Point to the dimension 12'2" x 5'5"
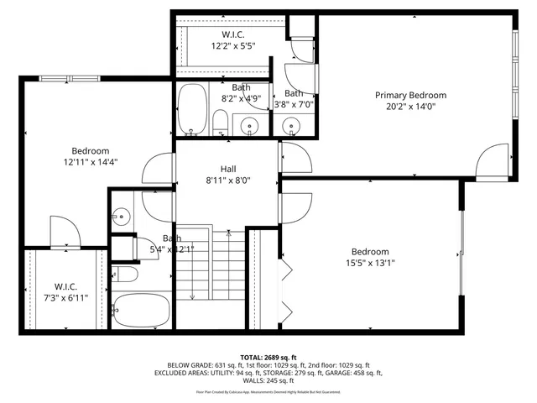point(234,47)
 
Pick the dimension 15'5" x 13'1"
point(369,263)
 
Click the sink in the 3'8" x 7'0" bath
point(292,127)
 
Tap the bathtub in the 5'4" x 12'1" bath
point(142,311)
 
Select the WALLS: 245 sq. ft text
point(268,380)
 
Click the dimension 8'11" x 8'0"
point(229,180)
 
